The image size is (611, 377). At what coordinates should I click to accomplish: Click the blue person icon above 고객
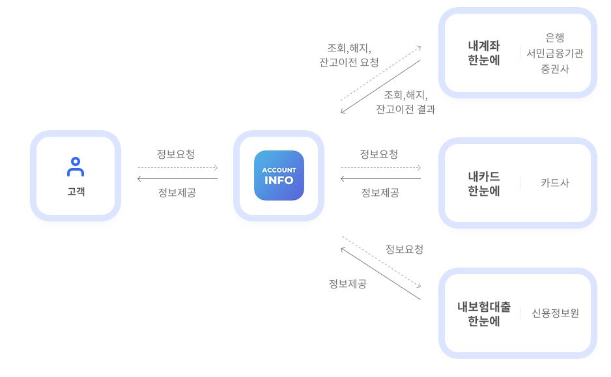76,167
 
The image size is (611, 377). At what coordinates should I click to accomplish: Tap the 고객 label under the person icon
76,191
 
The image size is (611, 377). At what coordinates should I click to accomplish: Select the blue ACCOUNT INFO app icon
279,175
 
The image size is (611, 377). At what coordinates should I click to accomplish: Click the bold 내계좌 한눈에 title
483,53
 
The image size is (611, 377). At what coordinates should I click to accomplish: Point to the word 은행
555,38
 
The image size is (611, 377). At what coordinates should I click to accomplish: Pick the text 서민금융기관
555,53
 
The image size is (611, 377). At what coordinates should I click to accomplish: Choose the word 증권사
555,69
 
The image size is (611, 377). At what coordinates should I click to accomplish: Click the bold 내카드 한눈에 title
483,183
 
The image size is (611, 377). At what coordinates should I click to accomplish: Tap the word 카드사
555,183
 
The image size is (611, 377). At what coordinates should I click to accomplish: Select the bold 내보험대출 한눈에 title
483,313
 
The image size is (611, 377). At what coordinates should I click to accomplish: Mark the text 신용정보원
556,313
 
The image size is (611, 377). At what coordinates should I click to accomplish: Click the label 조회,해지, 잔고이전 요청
348,55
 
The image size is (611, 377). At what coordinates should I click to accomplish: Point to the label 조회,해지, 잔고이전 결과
405,102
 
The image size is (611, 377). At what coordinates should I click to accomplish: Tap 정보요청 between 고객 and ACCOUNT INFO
176,154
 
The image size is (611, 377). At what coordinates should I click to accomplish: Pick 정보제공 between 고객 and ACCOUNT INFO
177,193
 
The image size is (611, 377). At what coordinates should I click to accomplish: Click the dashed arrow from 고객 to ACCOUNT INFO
177,167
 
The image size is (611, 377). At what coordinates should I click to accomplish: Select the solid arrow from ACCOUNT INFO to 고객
177,178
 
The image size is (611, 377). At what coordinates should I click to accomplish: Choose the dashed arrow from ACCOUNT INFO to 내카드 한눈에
381,167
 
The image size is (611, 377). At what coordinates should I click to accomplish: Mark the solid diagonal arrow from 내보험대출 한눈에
380,273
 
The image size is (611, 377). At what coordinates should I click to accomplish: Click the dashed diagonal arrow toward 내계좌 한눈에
380,73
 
